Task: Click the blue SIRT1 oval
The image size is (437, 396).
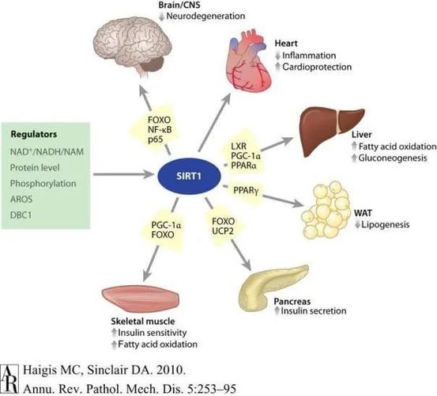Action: click(x=189, y=176)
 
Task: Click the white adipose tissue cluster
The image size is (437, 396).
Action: click(x=326, y=210)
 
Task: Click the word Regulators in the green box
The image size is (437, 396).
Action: click(x=34, y=135)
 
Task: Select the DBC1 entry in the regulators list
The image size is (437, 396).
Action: click(x=21, y=215)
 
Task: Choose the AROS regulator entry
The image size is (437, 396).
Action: click(x=21, y=199)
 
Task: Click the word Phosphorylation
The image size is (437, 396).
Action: click(x=43, y=184)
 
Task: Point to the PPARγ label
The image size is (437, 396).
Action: click(x=246, y=190)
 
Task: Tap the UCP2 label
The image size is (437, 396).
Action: click(x=222, y=231)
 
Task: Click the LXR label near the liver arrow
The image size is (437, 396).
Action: click(x=239, y=146)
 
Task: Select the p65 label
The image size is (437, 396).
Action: click(x=155, y=139)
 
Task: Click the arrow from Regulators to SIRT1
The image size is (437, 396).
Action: click(x=124, y=174)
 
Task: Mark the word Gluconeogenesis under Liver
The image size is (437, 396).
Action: click(x=393, y=158)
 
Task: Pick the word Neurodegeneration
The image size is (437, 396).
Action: click(x=205, y=16)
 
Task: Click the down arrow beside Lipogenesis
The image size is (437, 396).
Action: click(x=357, y=224)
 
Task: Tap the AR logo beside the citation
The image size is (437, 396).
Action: click(x=10, y=379)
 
